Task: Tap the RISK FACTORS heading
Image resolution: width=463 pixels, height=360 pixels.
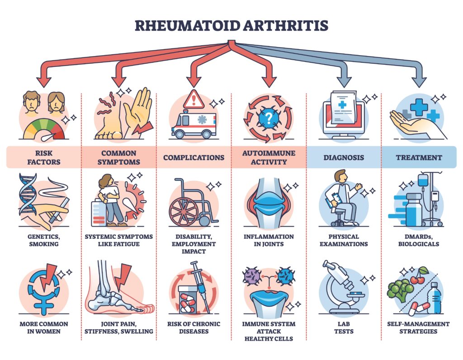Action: tap(44, 157)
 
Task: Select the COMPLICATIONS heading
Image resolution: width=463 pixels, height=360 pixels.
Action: tap(194, 157)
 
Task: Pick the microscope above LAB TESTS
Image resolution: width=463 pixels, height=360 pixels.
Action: tap(343, 287)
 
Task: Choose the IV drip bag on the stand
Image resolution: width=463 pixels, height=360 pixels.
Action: tap(423, 181)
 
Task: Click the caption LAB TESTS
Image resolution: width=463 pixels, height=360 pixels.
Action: tap(344, 327)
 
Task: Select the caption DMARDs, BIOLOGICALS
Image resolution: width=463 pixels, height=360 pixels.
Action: tap(419, 240)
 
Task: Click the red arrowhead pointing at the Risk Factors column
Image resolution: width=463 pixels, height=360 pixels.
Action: tap(44, 81)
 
